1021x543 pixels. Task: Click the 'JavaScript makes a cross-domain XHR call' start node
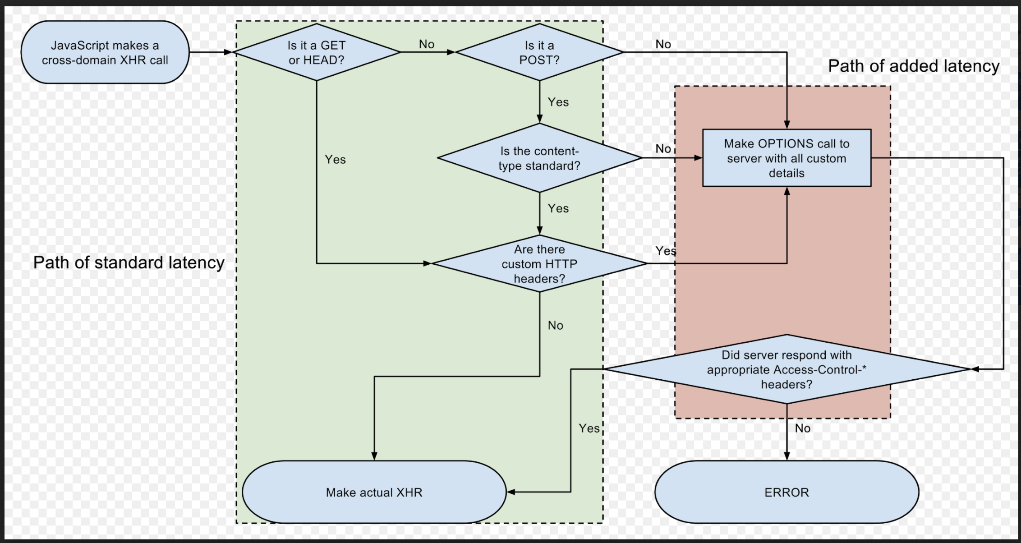tap(105, 52)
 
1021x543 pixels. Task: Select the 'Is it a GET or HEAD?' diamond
tap(317, 52)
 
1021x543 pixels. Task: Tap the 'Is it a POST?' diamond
tap(539, 52)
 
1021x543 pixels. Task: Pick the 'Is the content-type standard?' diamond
tap(539, 158)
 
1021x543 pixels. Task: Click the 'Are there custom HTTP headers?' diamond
tap(539, 264)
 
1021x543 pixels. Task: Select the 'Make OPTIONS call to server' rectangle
tap(786, 158)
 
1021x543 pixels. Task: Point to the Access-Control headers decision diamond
tap(786, 369)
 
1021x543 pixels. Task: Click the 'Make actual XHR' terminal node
tap(374, 492)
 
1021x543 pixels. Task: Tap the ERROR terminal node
tap(786, 492)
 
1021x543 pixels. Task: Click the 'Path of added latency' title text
tap(914, 66)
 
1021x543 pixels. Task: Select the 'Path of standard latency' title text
tap(129, 262)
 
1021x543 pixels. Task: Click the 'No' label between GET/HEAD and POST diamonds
tap(426, 44)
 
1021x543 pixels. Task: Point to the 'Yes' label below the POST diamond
tap(558, 102)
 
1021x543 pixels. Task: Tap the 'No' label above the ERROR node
tap(802, 428)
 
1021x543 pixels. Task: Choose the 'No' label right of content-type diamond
tap(663, 148)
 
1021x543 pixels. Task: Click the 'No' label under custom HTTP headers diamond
tap(555, 325)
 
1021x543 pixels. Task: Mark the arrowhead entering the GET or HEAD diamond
tap(228, 52)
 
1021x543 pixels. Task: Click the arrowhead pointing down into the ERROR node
tap(786, 456)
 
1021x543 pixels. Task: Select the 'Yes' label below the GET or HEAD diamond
tap(335, 159)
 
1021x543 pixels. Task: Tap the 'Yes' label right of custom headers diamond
tap(665, 251)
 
